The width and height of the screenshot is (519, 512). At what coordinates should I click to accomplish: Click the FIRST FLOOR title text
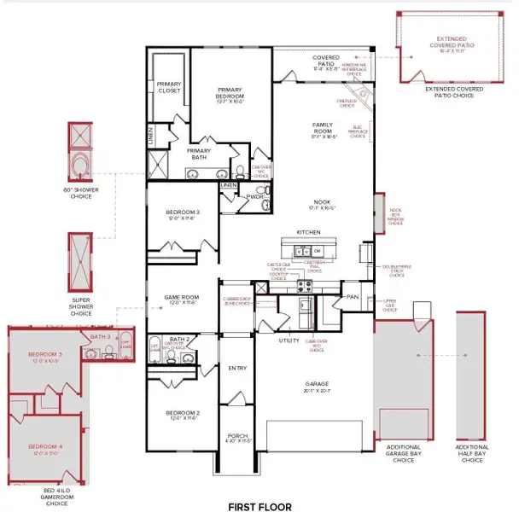[x=259, y=506]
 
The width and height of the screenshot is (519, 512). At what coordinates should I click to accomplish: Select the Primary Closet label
[x=169, y=87]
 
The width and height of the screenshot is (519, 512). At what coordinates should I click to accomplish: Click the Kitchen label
[x=307, y=231]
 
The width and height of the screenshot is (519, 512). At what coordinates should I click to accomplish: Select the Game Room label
[x=181, y=300]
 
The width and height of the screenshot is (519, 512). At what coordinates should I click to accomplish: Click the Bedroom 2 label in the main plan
[x=181, y=416]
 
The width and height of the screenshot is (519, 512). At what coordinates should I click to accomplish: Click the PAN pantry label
[x=352, y=296]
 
